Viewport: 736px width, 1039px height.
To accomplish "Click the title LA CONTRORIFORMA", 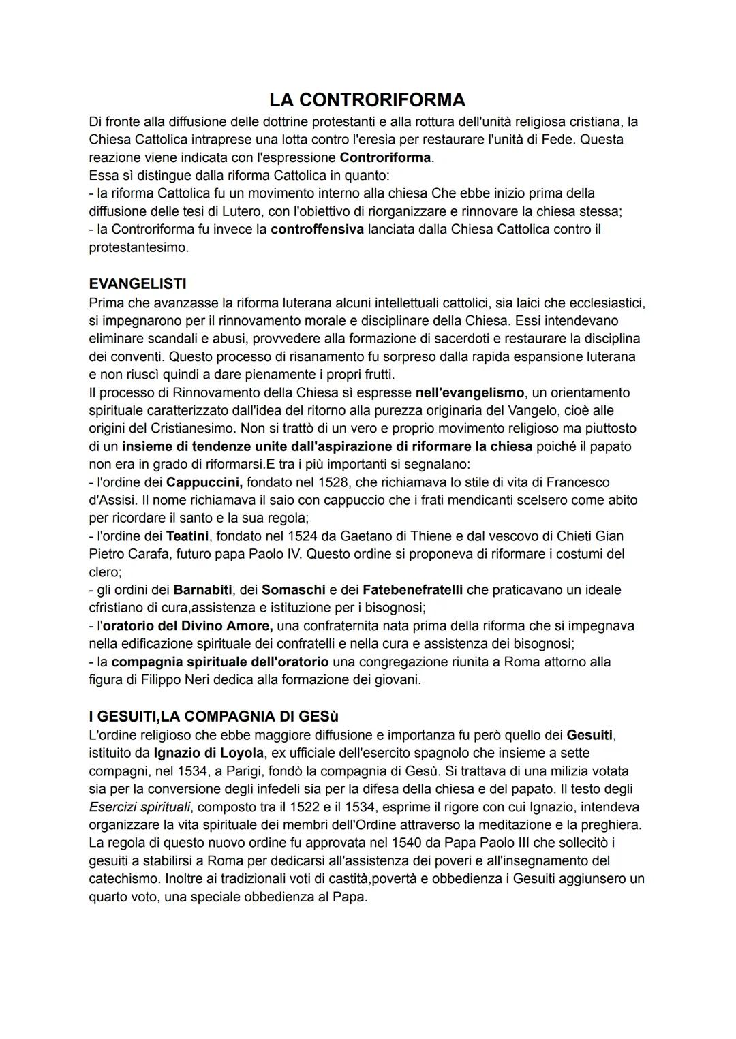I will coord(367,100).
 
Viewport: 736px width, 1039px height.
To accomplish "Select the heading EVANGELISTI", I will coord(138,283).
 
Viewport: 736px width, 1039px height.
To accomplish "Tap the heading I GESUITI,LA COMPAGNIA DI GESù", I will coord(213,717).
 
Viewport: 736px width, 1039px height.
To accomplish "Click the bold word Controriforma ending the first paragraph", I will coord(385,157).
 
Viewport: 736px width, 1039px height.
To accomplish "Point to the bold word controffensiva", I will coord(317,230).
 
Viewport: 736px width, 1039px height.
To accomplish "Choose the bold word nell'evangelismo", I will coord(470,392).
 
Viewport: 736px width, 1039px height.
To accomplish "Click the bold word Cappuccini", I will coord(204,482).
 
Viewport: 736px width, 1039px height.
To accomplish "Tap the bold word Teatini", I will coord(187,536).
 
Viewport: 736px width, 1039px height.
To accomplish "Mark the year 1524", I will coord(291,536).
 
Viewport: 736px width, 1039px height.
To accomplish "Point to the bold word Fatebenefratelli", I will coord(412,590).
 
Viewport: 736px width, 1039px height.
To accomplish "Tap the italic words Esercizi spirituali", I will coord(140,807).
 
